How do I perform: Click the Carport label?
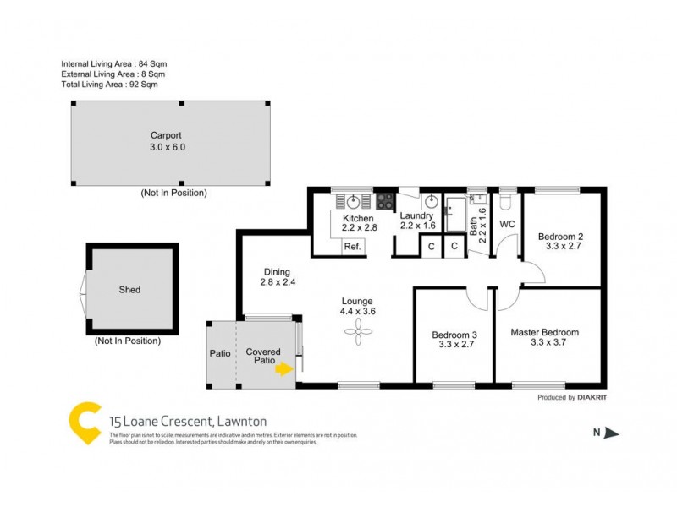tap(167, 135)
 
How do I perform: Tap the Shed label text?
tap(129, 290)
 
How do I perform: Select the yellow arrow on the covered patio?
tap(285, 368)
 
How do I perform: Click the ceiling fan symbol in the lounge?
tap(357, 335)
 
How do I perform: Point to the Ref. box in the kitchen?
tap(352, 247)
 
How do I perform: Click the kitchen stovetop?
tap(384, 201)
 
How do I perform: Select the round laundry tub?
tap(431, 201)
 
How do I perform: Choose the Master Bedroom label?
tap(544, 333)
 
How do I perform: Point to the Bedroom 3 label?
tap(453, 333)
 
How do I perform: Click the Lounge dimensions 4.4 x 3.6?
tap(357, 311)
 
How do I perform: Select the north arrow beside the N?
tap(613, 433)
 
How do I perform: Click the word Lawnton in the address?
tap(243, 421)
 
